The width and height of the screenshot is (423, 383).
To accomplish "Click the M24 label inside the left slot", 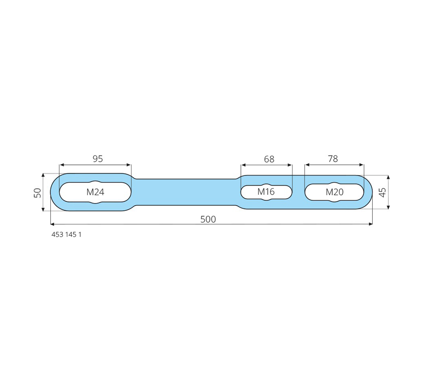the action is pyautogui.click(x=95, y=192).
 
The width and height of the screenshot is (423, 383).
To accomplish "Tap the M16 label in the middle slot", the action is pyautogui.click(x=266, y=191).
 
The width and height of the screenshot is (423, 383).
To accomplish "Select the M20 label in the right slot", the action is pyautogui.click(x=334, y=192).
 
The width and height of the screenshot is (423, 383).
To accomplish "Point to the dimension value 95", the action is pyautogui.click(x=98, y=159).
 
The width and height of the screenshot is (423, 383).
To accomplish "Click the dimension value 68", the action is pyautogui.click(x=269, y=159).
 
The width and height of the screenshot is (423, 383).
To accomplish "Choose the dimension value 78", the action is pyautogui.click(x=333, y=159).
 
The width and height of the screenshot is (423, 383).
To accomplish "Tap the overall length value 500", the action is pyautogui.click(x=208, y=219).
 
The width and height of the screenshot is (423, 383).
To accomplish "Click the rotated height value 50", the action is pyautogui.click(x=37, y=193).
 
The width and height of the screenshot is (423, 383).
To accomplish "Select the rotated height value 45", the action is pyautogui.click(x=382, y=192).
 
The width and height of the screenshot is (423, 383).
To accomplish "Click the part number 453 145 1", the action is pyautogui.click(x=66, y=235).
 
